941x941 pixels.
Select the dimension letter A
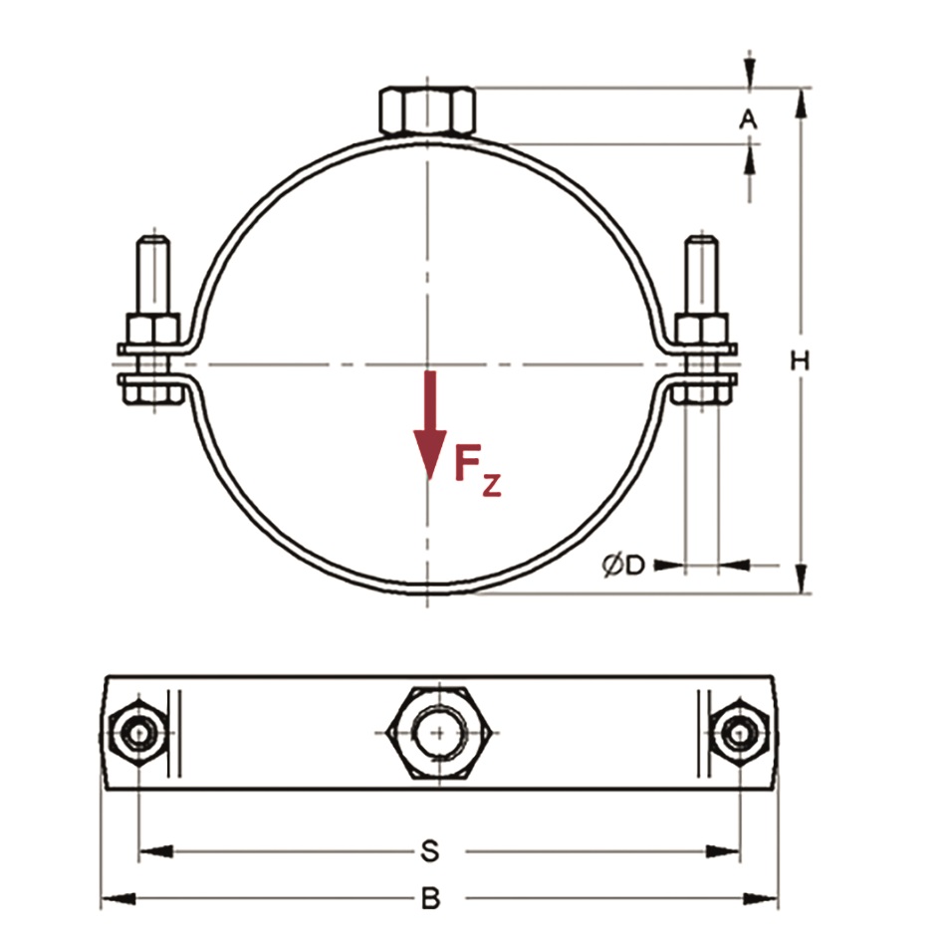(x=748, y=119)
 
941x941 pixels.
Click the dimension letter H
(x=799, y=360)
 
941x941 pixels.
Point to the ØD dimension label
(x=623, y=566)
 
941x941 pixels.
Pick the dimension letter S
(x=429, y=851)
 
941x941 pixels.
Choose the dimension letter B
(x=429, y=899)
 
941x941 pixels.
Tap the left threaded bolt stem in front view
(x=156, y=274)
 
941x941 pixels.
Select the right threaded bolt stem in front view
(x=701, y=274)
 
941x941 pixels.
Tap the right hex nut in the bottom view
(x=739, y=735)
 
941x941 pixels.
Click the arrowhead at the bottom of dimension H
(x=799, y=578)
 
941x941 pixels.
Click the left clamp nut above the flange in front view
(x=151, y=329)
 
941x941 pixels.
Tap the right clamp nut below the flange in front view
(x=701, y=391)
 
